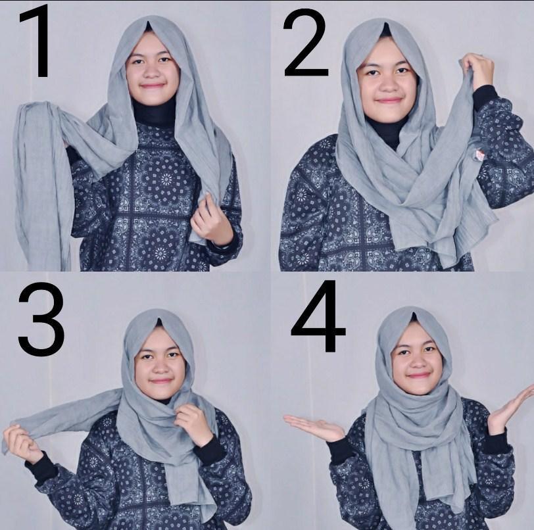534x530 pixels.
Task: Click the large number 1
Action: point(36,41)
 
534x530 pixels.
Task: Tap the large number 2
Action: point(306,43)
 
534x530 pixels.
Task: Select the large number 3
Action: point(41,319)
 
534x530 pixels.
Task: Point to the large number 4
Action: point(318,316)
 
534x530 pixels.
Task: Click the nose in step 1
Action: point(150,72)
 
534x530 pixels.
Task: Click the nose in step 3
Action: point(160,367)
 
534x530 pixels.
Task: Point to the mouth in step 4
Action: point(420,375)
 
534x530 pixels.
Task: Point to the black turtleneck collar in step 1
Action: point(154,113)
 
